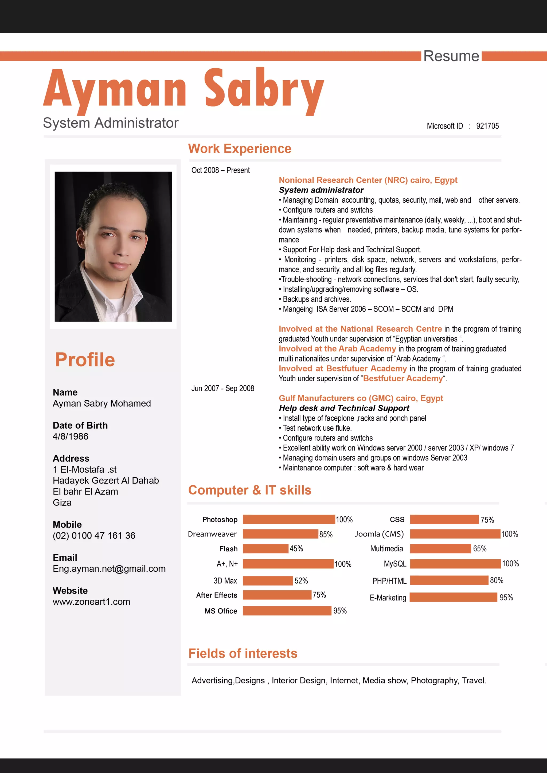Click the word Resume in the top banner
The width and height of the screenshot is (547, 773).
point(451,56)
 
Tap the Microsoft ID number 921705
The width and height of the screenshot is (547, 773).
point(487,126)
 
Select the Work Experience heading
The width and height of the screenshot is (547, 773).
point(240,148)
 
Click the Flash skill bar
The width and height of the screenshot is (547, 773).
point(265,548)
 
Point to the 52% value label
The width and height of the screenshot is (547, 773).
point(301,580)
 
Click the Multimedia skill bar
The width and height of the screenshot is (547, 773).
point(440,548)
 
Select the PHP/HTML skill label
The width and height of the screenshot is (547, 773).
point(389,581)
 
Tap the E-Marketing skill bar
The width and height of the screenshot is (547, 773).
point(453,597)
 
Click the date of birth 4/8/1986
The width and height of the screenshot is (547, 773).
point(71,436)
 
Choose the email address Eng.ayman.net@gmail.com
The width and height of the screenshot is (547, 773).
point(109,569)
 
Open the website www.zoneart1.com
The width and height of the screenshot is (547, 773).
point(91,602)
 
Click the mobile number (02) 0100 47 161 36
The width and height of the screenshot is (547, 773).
point(94,536)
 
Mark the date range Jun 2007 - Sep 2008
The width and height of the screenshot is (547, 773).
point(223,388)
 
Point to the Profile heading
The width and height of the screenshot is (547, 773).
point(85,360)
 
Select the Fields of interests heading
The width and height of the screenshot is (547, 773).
point(243,653)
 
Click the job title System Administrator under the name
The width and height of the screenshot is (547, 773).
point(111,123)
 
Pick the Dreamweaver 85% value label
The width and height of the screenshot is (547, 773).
point(325,534)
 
